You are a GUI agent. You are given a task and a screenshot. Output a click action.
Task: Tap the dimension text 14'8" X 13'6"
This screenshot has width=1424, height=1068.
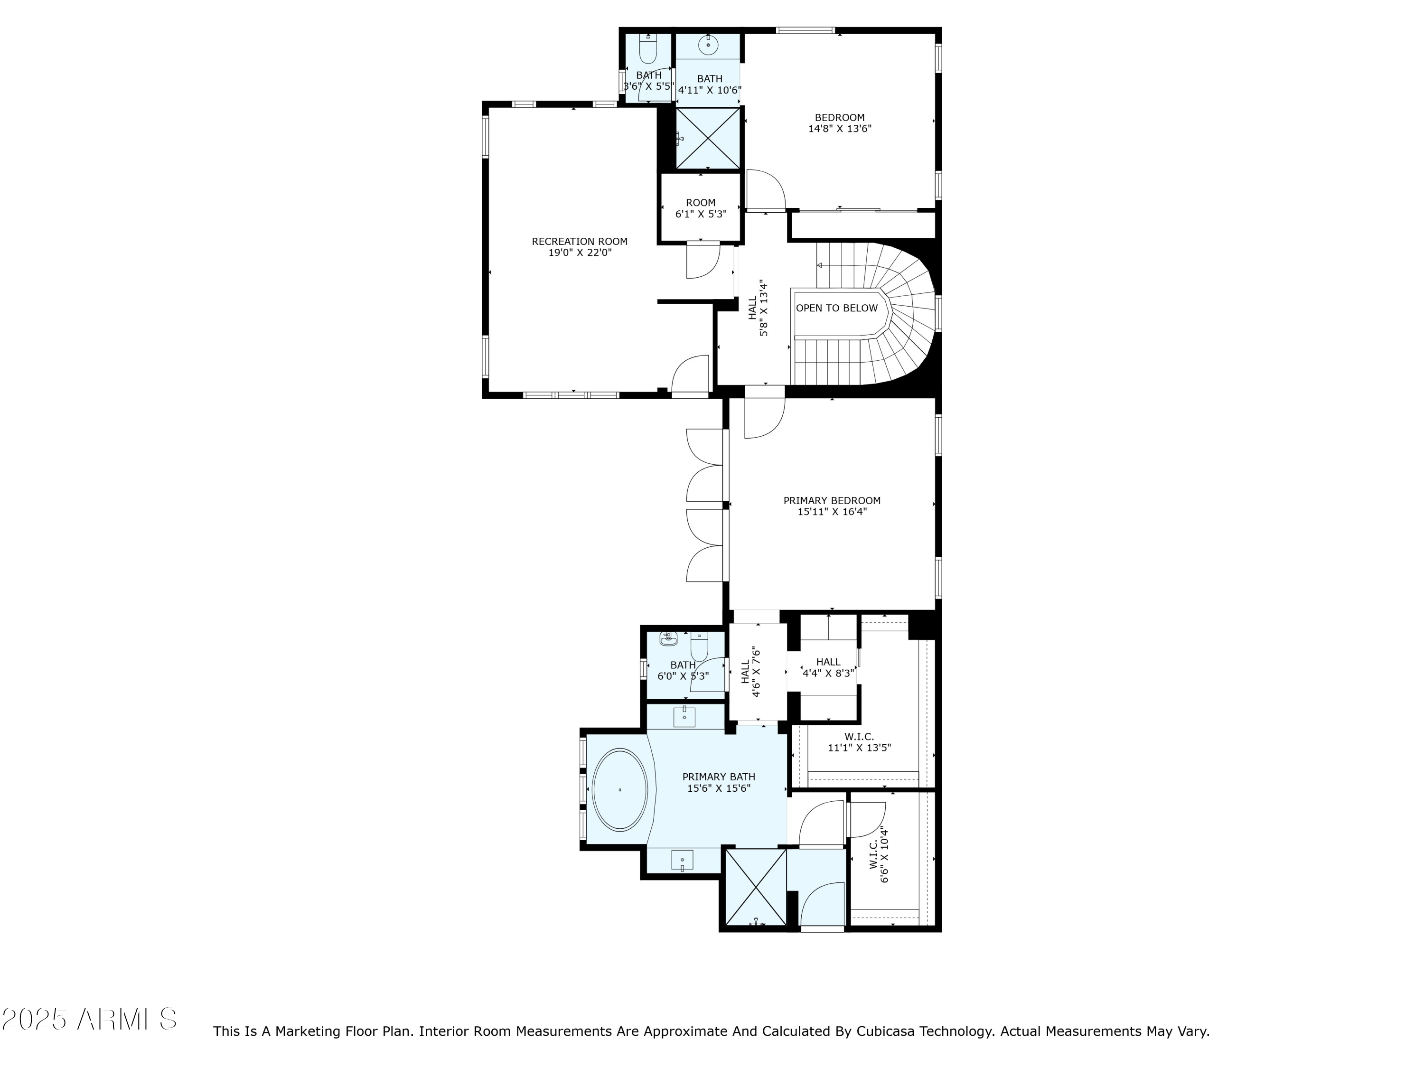[840, 129]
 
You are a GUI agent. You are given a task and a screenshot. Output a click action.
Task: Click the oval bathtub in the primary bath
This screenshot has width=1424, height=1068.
[619, 790]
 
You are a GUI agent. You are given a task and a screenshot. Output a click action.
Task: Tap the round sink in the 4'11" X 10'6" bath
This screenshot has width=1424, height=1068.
[708, 45]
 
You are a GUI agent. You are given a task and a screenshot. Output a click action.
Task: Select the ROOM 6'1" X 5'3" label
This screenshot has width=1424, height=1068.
[701, 208]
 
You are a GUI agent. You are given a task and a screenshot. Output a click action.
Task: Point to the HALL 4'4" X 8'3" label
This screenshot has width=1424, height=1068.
[828, 667]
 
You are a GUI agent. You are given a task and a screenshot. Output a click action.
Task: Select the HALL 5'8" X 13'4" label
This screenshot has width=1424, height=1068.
[758, 308]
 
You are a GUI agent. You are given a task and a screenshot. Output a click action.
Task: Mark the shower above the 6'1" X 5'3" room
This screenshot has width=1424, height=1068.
[709, 139]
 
